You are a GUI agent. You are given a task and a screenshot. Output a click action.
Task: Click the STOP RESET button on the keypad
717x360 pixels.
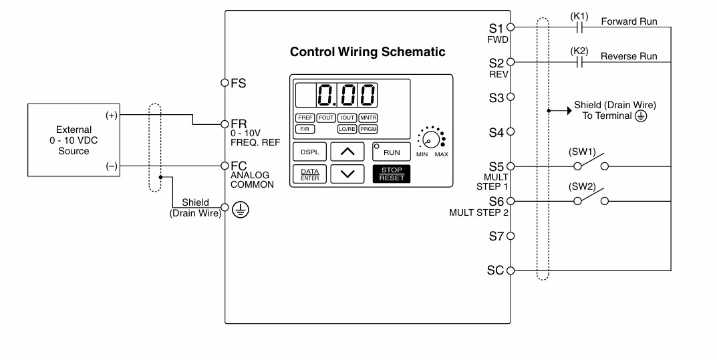coord(392,174)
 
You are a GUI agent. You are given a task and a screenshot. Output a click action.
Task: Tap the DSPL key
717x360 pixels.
coord(309,152)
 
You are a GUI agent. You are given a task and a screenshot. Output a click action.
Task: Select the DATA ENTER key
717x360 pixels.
coord(309,174)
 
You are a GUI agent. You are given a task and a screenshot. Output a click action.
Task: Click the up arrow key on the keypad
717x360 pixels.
coord(347,152)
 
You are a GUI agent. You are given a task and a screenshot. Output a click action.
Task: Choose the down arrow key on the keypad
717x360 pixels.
coord(347,174)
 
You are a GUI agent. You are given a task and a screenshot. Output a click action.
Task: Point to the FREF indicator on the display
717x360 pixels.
coord(305,118)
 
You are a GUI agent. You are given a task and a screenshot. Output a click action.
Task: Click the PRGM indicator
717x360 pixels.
coord(368,130)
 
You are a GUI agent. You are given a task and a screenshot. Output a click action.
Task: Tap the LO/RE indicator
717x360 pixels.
coord(347,130)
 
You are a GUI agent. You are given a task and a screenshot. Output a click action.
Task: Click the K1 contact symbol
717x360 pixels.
coord(579,27)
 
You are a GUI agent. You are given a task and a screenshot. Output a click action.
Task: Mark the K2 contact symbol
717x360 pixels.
coord(579,62)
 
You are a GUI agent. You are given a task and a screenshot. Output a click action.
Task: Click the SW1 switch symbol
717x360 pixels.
coord(591,162)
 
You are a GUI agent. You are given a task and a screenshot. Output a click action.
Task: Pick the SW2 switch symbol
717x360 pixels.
coord(591,197)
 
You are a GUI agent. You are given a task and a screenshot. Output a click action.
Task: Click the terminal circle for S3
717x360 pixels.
coord(511,97)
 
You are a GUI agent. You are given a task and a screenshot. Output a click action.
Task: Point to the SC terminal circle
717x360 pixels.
coord(511,271)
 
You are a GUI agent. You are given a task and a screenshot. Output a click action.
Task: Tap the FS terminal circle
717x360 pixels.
coord(225,83)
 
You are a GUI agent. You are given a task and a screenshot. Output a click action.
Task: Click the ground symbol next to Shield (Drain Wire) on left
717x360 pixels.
coord(241,210)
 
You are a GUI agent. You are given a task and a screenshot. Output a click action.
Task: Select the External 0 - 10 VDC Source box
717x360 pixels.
coord(74,140)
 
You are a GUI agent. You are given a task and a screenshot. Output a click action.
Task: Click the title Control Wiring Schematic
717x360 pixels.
coord(368,51)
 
